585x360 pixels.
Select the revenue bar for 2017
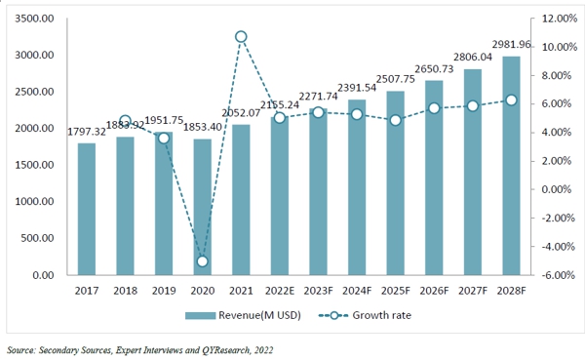[x=87, y=209]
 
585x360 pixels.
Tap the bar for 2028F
[x=509, y=166]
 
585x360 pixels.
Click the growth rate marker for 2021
[x=241, y=37]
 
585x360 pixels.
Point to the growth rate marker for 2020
[x=202, y=261]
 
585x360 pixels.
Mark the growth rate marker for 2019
[x=164, y=139]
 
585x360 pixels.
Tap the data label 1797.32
[x=87, y=131]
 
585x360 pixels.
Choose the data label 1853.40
[x=202, y=127]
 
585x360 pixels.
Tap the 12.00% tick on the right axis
[x=551, y=20]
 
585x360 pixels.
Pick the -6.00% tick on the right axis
[x=551, y=275]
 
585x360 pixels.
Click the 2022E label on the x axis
[x=279, y=289]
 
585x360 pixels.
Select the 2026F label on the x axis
[x=432, y=289]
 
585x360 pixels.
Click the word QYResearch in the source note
[x=227, y=349]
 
